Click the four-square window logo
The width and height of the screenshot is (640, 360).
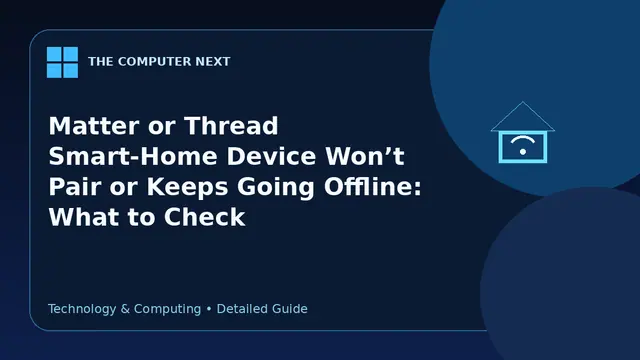click(62, 62)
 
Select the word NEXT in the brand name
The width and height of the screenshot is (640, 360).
click(213, 62)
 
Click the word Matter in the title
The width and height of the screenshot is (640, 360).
click(95, 126)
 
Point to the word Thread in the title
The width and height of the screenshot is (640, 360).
click(231, 126)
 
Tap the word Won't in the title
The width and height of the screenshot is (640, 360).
click(364, 156)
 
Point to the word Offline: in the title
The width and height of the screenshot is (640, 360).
click(372, 187)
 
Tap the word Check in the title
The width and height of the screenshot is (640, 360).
click(204, 217)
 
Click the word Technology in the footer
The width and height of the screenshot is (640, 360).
click(82, 309)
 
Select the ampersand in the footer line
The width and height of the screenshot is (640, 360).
click(125, 309)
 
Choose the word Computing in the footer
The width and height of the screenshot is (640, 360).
click(167, 309)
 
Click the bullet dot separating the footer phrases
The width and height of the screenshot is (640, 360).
click(209, 309)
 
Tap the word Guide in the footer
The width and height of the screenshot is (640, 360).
click(290, 309)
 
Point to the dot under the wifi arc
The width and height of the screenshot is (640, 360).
click(523, 152)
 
